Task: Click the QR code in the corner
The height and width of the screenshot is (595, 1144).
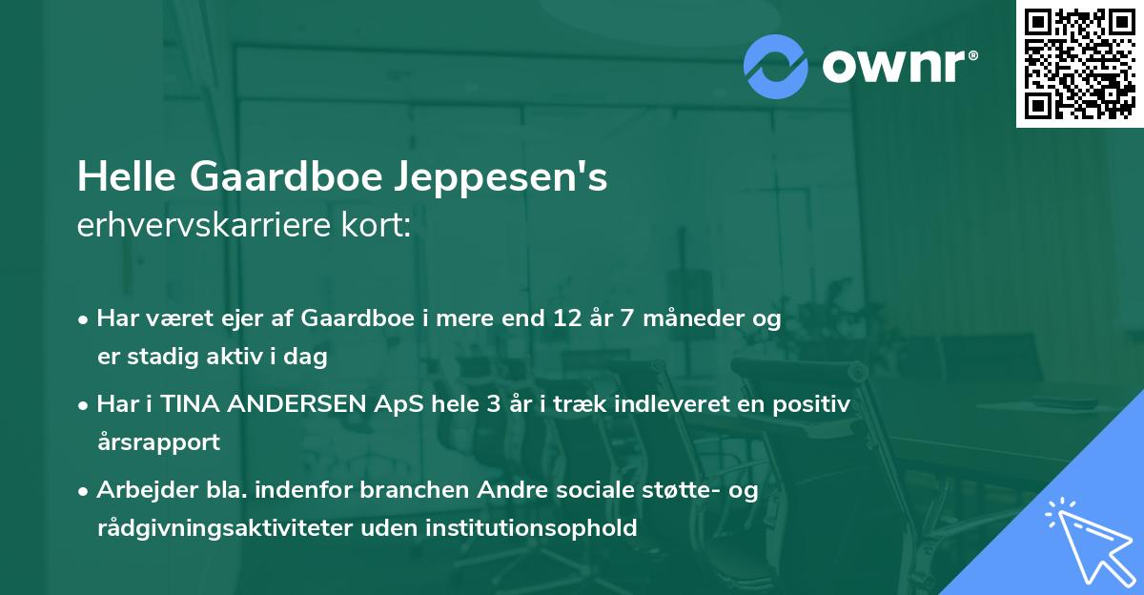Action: point(1080,63)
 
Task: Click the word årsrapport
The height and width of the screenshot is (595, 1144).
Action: point(158,442)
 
